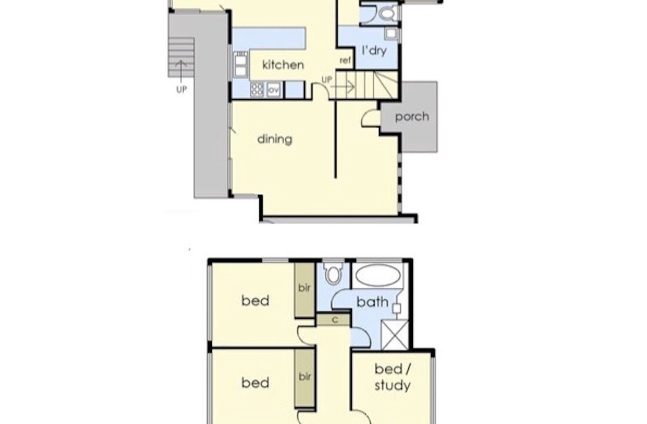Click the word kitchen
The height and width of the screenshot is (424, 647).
pos(283,65)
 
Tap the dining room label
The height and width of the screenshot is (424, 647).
pos(275,139)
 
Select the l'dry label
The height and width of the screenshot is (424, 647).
pos(374,51)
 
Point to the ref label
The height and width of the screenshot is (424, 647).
pos(345,60)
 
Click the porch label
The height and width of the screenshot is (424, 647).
pos(412,117)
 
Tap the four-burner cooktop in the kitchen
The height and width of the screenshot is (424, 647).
pos(257,90)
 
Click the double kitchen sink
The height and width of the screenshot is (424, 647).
pos(240,64)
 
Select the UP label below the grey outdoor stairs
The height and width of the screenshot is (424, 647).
pos(182,90)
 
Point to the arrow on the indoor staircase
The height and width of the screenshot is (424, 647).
pos(342,87)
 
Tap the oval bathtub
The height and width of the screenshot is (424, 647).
pos(378,275)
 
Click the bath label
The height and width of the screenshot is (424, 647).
pos(372,302)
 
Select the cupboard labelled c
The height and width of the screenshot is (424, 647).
pos(334,320)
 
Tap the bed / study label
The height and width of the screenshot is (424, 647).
pos(392,377)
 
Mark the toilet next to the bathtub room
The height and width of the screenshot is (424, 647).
pos(333,274)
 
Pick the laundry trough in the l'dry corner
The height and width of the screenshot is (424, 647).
pos(391,34)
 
